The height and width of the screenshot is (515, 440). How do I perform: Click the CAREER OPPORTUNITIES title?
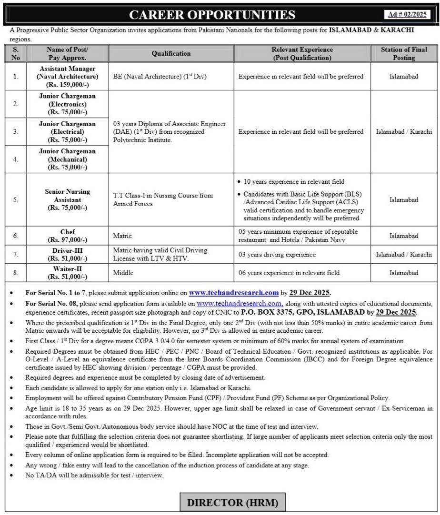pyautogui.click(x=212, y=15)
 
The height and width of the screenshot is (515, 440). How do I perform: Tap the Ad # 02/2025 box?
pyautogui.click(x=408, y=14)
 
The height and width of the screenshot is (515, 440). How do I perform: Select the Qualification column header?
pyautogui.click(x=171, y=53)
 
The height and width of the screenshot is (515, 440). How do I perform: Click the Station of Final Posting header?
pyautogui.click(x=404, y=53)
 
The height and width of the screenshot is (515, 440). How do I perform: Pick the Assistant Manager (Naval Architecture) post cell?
pyautogui.click(x=67, y=77)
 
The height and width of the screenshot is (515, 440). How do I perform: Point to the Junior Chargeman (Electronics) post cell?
pyautogui.click(x=67, y=104)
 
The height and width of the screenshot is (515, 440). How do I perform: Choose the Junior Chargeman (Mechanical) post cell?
pyautogui.click(x=67, y=159)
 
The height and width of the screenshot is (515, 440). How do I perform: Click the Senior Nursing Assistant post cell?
pyautogui.click(x=67, y=199)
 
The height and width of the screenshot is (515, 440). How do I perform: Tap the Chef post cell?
pyautogui.click(x=67, y=236)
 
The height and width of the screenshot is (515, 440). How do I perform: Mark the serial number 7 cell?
pyautogui.click(x=16, y=255)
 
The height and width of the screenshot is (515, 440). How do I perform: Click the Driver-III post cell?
pyautogui.click(x=67, y=255)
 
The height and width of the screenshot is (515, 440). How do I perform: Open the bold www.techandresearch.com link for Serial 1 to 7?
pyautogui.click(x=233, y=293)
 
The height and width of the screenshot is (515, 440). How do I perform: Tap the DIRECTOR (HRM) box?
pyautogui.click(x=229, y=502)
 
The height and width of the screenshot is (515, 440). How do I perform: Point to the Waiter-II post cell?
pyautogui.click(x=67, y=273)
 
